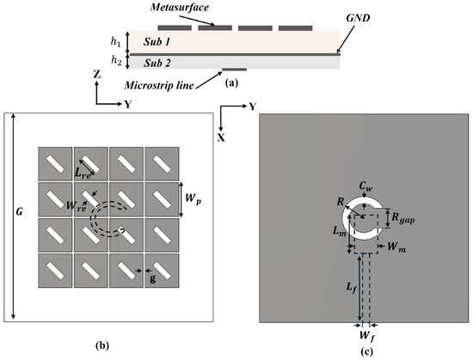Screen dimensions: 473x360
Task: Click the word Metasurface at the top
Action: point(179,7)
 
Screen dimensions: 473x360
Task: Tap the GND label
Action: point(358,18)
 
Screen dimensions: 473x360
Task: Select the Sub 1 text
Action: point(157,41)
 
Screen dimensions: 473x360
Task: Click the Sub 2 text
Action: point(157,63)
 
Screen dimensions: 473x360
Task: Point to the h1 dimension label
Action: point(115,42)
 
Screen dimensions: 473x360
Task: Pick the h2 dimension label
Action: point(116,60)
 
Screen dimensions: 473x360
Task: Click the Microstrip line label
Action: point(159,85)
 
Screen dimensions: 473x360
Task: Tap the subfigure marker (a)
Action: point(231,82)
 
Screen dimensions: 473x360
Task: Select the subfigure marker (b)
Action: point(101,345)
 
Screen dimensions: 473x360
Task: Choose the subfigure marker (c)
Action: point(366,351)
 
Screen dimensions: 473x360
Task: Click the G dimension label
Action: point(19,211)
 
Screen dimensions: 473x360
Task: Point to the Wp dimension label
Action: point(193,198)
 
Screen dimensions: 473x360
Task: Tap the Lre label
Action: point(83,173)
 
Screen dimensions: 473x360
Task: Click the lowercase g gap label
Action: point(153,278)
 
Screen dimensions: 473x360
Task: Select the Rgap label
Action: point(403,218)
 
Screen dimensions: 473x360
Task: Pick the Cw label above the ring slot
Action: point(365,186)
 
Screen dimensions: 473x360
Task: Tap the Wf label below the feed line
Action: point(367,336)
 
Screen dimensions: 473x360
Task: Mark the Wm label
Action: point(396,247)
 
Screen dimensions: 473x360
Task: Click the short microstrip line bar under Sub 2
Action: point(235,70)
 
